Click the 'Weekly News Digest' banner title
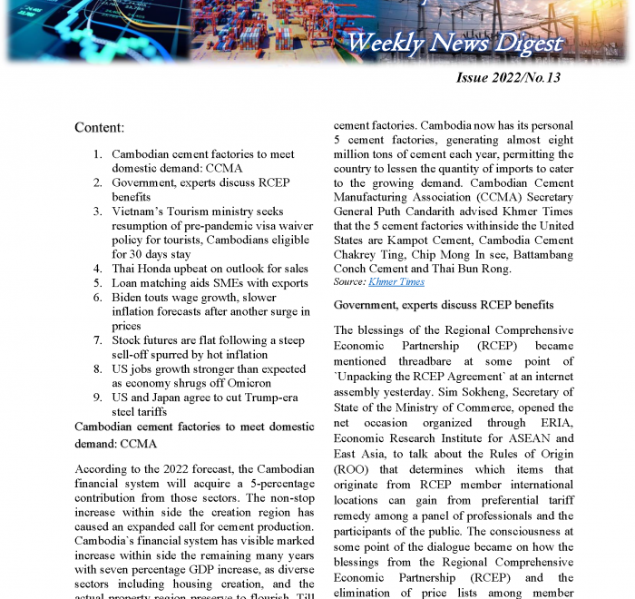[x=454, y=43]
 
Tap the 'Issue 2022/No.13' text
[x=507, y=78]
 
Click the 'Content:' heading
[x=100, y=127]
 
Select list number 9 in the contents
[x=97, y=398]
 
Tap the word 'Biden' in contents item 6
[x=130, y=298]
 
